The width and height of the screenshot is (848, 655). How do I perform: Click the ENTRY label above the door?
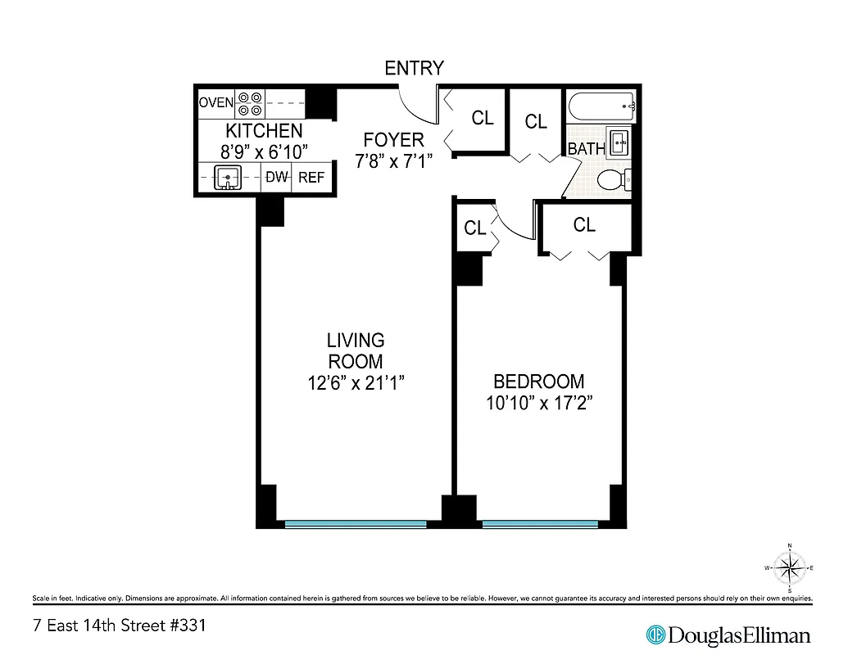pyautogui.click(x=414, y=68)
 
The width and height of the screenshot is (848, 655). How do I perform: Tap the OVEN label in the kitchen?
pyautogui.click(x=216, y=103)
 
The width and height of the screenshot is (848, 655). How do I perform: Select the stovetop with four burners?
pyautogui.click(x=250, y=103)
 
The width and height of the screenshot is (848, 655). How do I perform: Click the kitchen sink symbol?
pyautogui.click(x=227, y=178)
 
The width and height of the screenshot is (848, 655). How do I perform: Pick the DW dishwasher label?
pyautogui.click(x=277, y=177)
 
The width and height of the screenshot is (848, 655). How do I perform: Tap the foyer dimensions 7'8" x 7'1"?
pyautogui.click(x=393, y=161)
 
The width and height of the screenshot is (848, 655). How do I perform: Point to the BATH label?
pyautogui.click(x=586, y=149)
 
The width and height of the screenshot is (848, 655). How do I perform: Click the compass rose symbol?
pyautogui.click(x=789, y=567)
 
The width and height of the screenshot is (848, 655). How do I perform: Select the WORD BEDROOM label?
pyautogui.click(x=538, y=382)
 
